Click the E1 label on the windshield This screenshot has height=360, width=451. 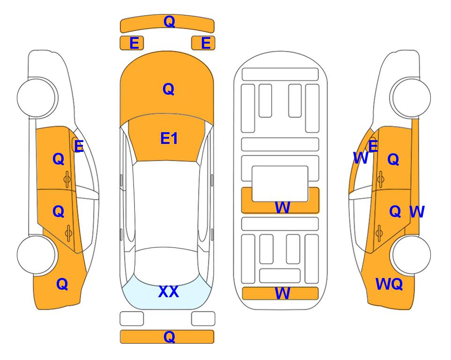point(169,138)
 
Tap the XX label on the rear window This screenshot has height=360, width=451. point(169,292)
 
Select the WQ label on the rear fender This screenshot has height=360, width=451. point(389,284)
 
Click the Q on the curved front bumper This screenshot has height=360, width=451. point(169,21)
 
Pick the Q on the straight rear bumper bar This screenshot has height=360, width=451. point(169,337)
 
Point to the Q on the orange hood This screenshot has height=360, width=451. point(168,89)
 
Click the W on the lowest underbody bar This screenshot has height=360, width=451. point(282,293)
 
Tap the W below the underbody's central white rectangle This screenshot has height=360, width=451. point(282,207)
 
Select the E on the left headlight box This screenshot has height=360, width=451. point(134,43)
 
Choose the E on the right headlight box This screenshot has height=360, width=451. point(206,43)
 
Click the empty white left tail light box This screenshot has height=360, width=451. point(132,319)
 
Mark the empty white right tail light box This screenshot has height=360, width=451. point(203,319)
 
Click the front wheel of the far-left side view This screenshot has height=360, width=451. point(37,97)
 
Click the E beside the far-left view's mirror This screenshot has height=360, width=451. point(79,146)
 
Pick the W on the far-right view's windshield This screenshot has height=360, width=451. point(361,158)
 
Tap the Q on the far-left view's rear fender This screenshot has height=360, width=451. point(62,284)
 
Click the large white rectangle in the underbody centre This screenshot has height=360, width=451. point(280,184)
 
